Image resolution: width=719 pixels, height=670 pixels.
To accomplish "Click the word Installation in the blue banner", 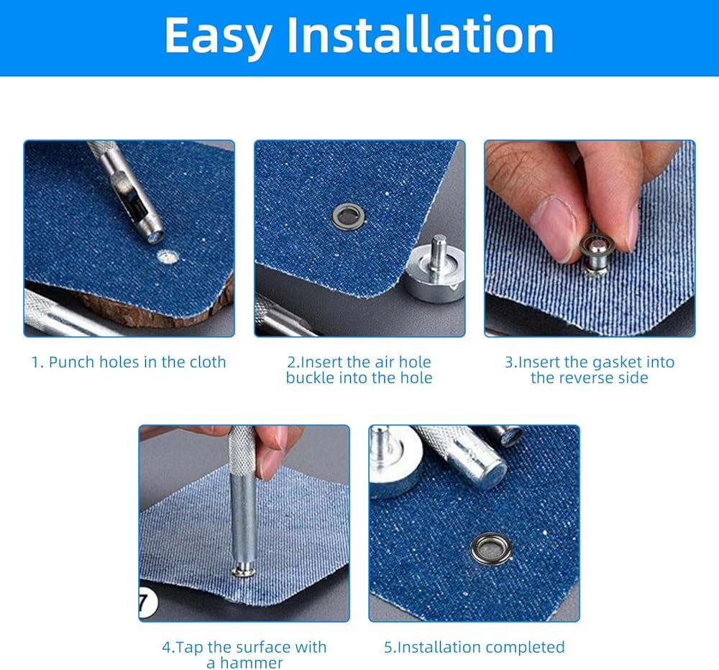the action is pos(420,35).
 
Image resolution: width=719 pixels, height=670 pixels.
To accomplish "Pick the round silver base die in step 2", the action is pos(436,270).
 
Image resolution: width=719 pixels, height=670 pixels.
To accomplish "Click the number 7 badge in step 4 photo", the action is pos(147,602).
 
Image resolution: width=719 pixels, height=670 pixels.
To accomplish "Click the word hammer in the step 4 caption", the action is pos(251,663).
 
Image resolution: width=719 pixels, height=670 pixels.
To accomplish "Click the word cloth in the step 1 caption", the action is pos(209,362).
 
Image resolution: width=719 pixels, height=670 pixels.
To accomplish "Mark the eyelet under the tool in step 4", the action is pos(244,571).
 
